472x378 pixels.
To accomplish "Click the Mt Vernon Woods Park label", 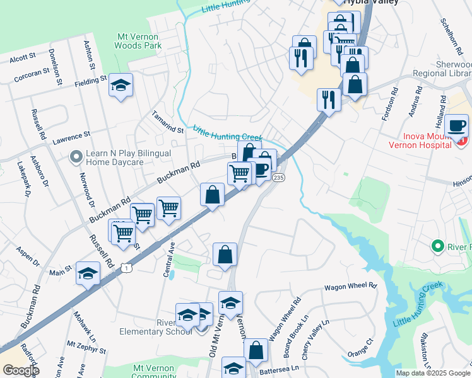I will pyautogui.click(x=138, y=41).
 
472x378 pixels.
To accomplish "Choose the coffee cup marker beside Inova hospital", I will pyautogui.click(x=456, y=125).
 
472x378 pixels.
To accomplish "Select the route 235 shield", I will pyautogui.click(x=279, y=179).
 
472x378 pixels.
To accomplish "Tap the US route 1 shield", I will pyautogui.click(x=127, y=268).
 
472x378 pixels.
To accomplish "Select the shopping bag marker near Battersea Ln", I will pyautogui.click(x=256, y=351).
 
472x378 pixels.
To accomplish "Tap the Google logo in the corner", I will pyautogui.click(x=21, y=370).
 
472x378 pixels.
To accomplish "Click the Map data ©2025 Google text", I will pyautogui.click(x=433, y=373).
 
